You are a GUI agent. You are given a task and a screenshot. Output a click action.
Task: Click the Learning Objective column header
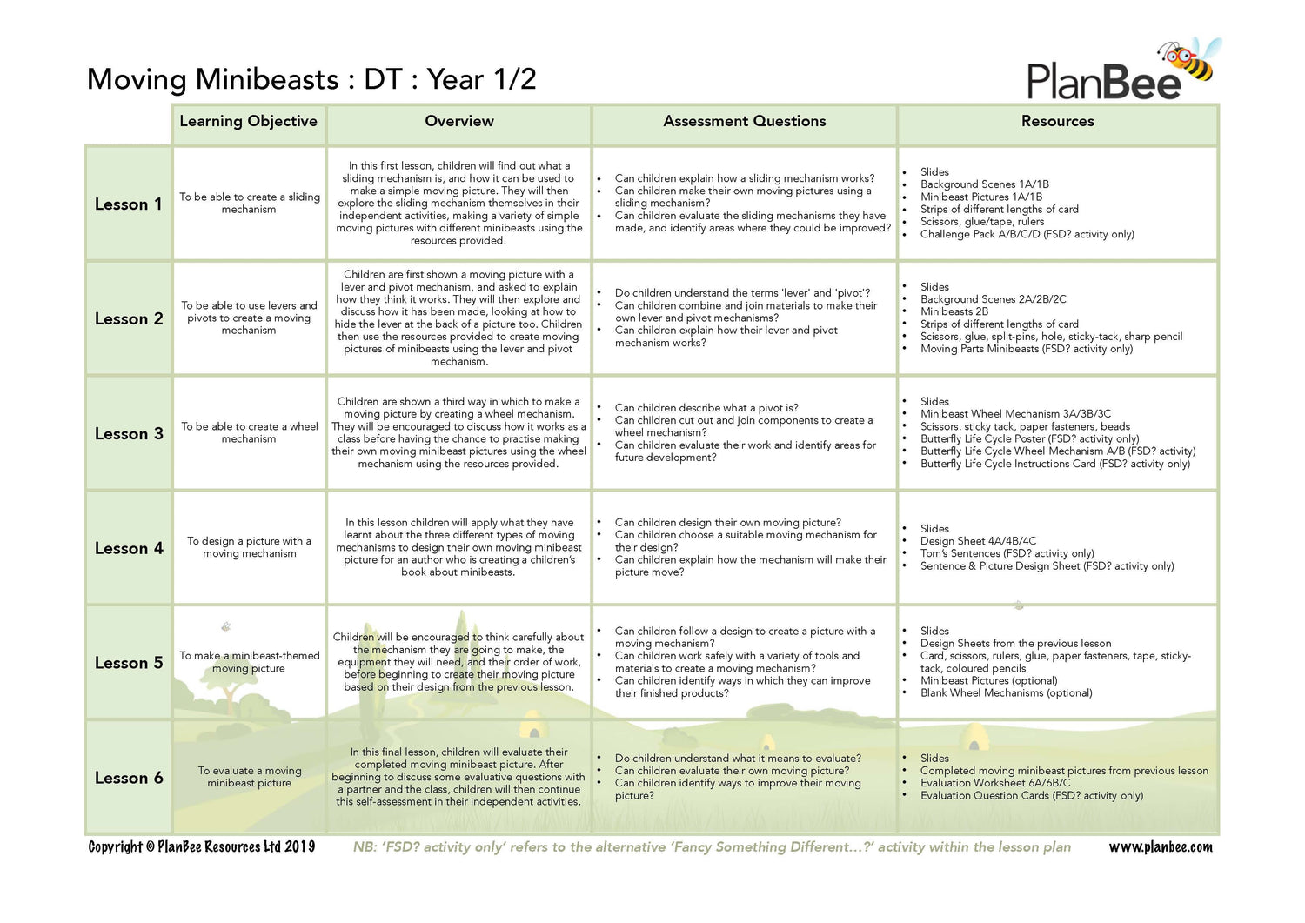pos(248,122)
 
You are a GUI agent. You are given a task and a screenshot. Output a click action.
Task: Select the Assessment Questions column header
pos(744,122)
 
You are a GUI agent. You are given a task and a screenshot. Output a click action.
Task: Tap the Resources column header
pos(1057,122)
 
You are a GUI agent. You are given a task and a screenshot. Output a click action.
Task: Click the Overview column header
pos(458,122)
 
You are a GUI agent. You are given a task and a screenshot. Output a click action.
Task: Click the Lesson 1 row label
pos(128,204)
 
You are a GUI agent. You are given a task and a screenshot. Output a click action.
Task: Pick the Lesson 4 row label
pos(128,549)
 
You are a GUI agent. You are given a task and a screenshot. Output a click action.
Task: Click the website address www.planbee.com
pos(1160,847)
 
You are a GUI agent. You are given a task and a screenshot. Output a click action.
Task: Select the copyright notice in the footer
pos(201,847)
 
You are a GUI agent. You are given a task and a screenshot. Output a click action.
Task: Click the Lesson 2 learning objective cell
pos(249,318)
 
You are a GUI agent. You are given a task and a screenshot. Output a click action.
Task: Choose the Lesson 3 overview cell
pos(458,432)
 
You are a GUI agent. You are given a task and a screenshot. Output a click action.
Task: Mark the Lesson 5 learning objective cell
pos(249,662)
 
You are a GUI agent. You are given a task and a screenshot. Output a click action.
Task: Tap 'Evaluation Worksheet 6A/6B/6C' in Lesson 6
pos(994,783)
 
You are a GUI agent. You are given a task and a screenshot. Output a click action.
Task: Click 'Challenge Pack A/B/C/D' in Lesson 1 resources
pos(1027,234)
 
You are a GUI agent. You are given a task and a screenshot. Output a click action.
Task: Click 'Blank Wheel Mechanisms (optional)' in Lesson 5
pos(1006,693)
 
